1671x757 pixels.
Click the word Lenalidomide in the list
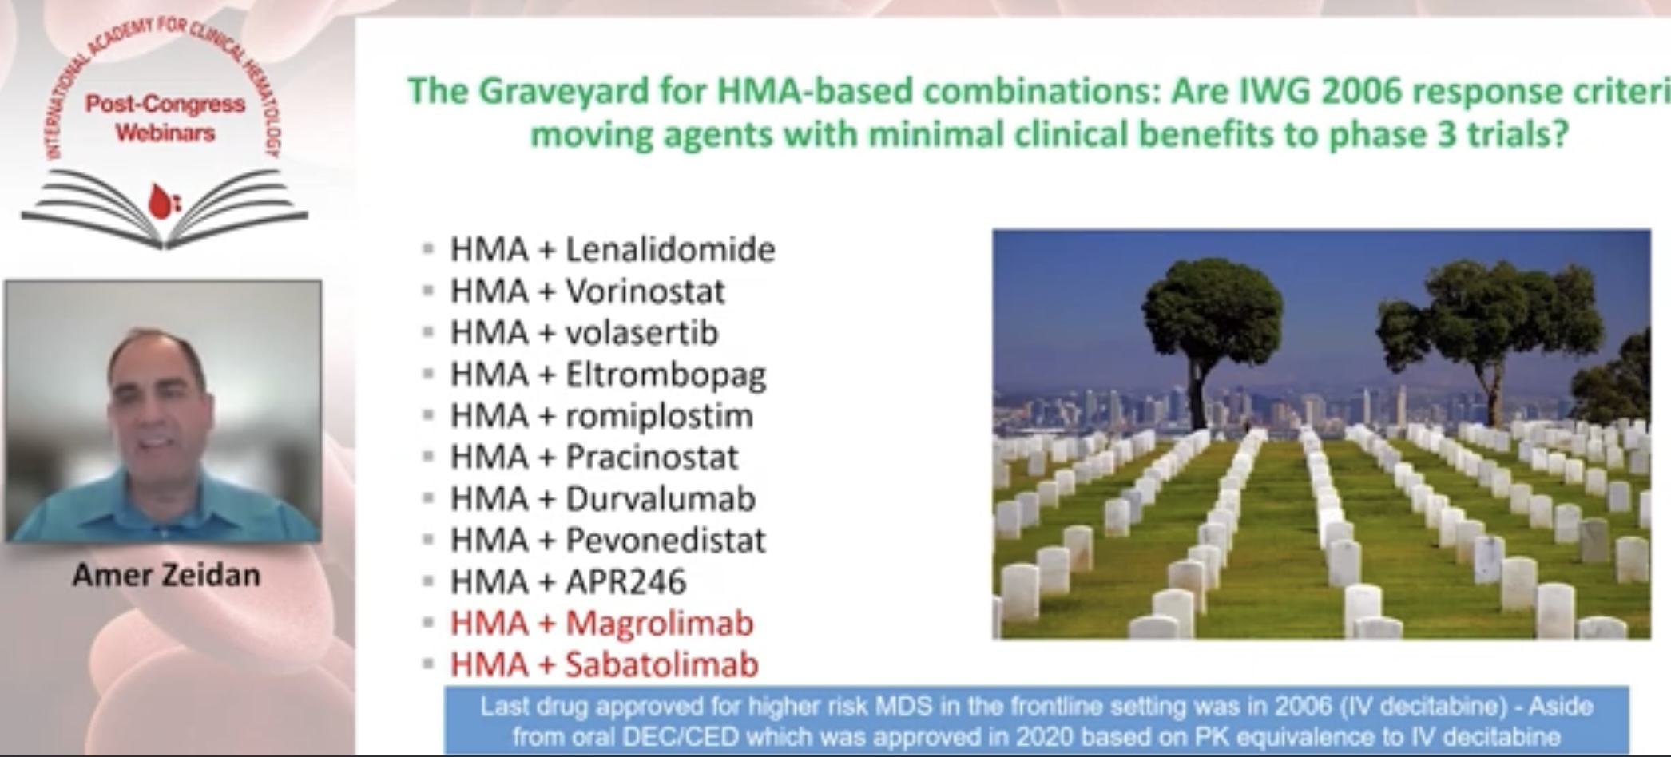point(670,250)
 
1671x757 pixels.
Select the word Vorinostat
point(645,291)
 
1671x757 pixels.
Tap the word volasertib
point(642,333)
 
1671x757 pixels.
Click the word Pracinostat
point(652,458)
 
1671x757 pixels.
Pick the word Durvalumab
point(661,499)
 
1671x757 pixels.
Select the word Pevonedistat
point(665,541)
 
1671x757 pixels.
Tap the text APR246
point(626,582)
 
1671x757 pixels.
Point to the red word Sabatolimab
point(662,665)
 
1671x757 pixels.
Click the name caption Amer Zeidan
point(166,575)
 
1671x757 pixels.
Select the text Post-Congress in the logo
point(165,105)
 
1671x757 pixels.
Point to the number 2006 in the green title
point(1361,90)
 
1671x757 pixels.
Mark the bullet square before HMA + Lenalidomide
point(428,249)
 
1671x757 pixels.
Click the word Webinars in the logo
point(165,133)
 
